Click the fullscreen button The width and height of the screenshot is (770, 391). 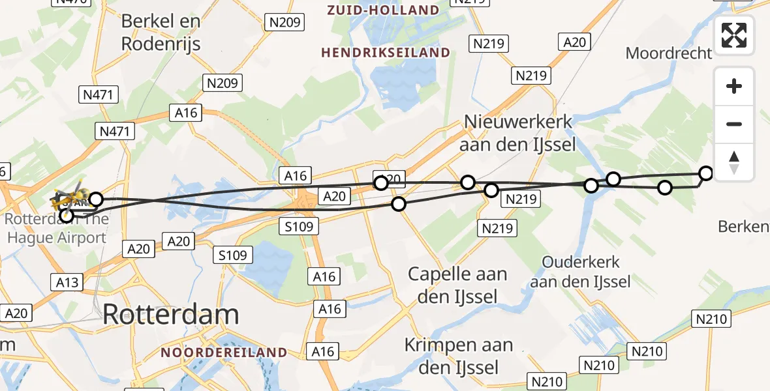pyautogui.click(x=734, y=35)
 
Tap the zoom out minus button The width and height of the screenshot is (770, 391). pyautogui.click(x=734, y=124)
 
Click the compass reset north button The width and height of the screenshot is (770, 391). pyautogui.click(x=734, y=162)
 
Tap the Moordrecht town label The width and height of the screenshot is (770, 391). pyautogui.click(x=668, y=53)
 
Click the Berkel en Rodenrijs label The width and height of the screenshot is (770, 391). pyautogui.click(x=161, y=32)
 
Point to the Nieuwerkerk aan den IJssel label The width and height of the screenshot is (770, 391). pyautogui.click(x=518, y=132)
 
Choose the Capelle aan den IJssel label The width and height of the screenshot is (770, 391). pyautogui.click(x=457, y=285)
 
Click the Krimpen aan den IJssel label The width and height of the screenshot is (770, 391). pyautogui.click(x=458, y=356)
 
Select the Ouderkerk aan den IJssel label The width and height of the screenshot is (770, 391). pyautogui.click(x=580, y=272)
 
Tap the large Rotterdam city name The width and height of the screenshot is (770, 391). pyautogui.click(x=171, y=315)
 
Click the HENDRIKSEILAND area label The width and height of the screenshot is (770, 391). pyautogui.click(x=386, y=53)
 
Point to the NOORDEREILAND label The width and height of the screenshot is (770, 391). pyautogui.click(x=224, y=353)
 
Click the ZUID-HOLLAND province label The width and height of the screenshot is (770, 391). pyautogui.click(x=383, y=10)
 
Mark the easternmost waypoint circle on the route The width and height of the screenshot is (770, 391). pyautogui.click(x=706, y=173)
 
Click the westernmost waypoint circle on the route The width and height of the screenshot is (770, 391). pyautogui.click(x=66, y=215)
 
